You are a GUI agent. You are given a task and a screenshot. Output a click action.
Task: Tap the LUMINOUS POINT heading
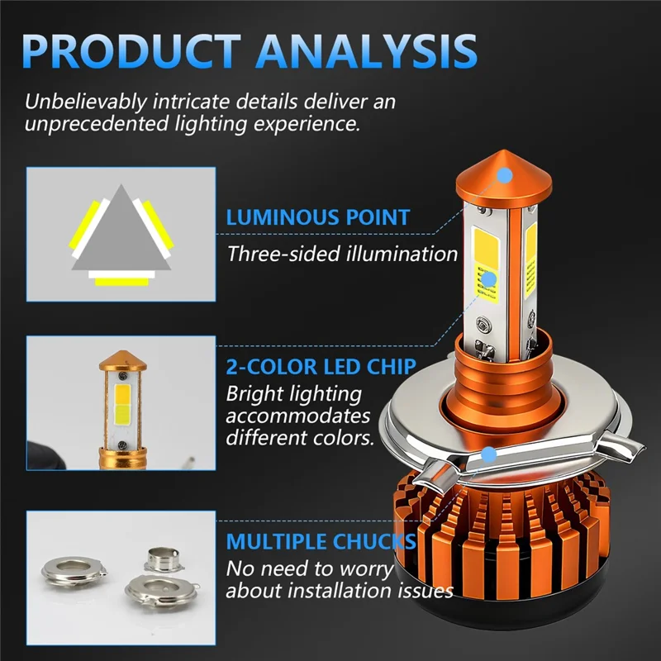(318, 218)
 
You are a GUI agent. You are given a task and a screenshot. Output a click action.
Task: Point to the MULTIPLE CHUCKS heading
(321, 542)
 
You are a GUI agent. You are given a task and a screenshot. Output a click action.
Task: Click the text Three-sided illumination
(342, 253)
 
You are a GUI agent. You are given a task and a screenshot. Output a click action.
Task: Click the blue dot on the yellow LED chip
(489, 278)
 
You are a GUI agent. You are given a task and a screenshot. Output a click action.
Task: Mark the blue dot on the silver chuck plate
(489, 454)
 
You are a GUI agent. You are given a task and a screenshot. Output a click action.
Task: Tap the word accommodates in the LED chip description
(297, 416)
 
